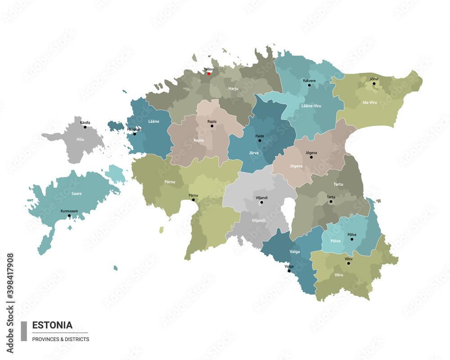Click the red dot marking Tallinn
(209, 74)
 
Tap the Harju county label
(233, 89)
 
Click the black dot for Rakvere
(309, 85)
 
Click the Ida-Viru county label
(369, 103)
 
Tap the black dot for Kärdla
(85, 127)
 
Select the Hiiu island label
(80, 139)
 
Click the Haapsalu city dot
(134, 134)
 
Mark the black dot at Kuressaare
(69, 216)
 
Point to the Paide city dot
(260, 140)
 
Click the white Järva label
(254, 153)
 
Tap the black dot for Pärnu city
(193, 200)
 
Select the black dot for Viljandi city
(261, 202)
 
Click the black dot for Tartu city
(331, 202)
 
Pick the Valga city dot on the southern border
(289, 271)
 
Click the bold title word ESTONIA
(52, 325)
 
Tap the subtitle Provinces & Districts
(60, 339)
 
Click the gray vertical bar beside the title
(24, 331)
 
